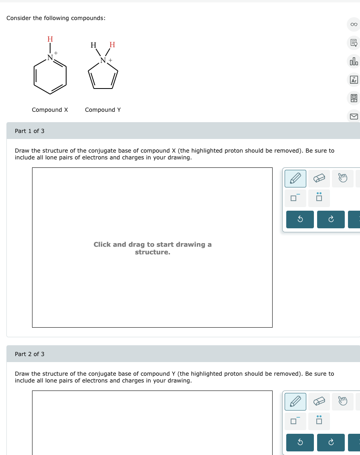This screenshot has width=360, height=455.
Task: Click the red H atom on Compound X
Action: click(50, 39)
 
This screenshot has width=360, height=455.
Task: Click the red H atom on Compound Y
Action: click(112, 45)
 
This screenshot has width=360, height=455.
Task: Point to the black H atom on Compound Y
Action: click(93, 45)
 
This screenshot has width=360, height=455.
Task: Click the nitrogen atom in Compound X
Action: click(50, 58)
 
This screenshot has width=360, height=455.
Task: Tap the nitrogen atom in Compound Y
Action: click(103, 60)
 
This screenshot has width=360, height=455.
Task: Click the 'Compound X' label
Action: click(50, 110)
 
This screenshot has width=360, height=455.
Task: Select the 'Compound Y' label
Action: click(103, 110)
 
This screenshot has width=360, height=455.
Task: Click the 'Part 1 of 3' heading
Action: click(30, 131)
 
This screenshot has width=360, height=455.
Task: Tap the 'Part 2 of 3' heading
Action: click(30, 354)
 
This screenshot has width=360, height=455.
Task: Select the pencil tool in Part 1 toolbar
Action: click(295, 179)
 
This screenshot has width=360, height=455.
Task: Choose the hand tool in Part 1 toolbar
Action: click(342, 179)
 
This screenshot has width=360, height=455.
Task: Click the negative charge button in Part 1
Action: click(295, 197)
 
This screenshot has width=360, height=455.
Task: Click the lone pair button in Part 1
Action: click(319, 197)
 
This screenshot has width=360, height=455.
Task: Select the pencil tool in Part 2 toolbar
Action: click(295, 402)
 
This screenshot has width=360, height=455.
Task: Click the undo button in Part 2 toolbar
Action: click(300, 443)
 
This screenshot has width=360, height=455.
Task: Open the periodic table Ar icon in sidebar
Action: click(354, 80)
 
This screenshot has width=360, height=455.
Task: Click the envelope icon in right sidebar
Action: click(354, 116)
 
